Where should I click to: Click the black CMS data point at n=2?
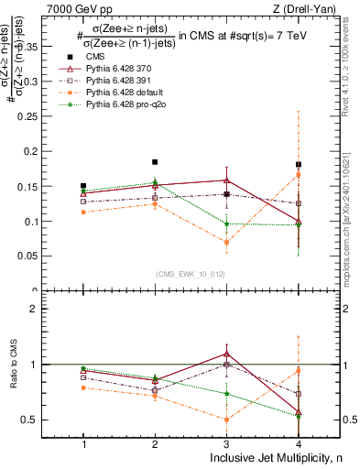[x=155, y=162]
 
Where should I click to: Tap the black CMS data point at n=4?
[x=299, y=165]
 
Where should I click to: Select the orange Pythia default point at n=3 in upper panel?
[x=226, y=242]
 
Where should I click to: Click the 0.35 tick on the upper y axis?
[x=53, y=45]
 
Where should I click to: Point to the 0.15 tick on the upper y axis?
[x=53, y=186]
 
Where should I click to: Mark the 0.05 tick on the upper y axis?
[x=53, y=256]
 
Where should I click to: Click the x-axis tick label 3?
[x=226, y=444]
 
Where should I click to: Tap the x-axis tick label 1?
[x=83, y=444]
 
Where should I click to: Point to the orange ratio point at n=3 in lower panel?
[x=226, y=420]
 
